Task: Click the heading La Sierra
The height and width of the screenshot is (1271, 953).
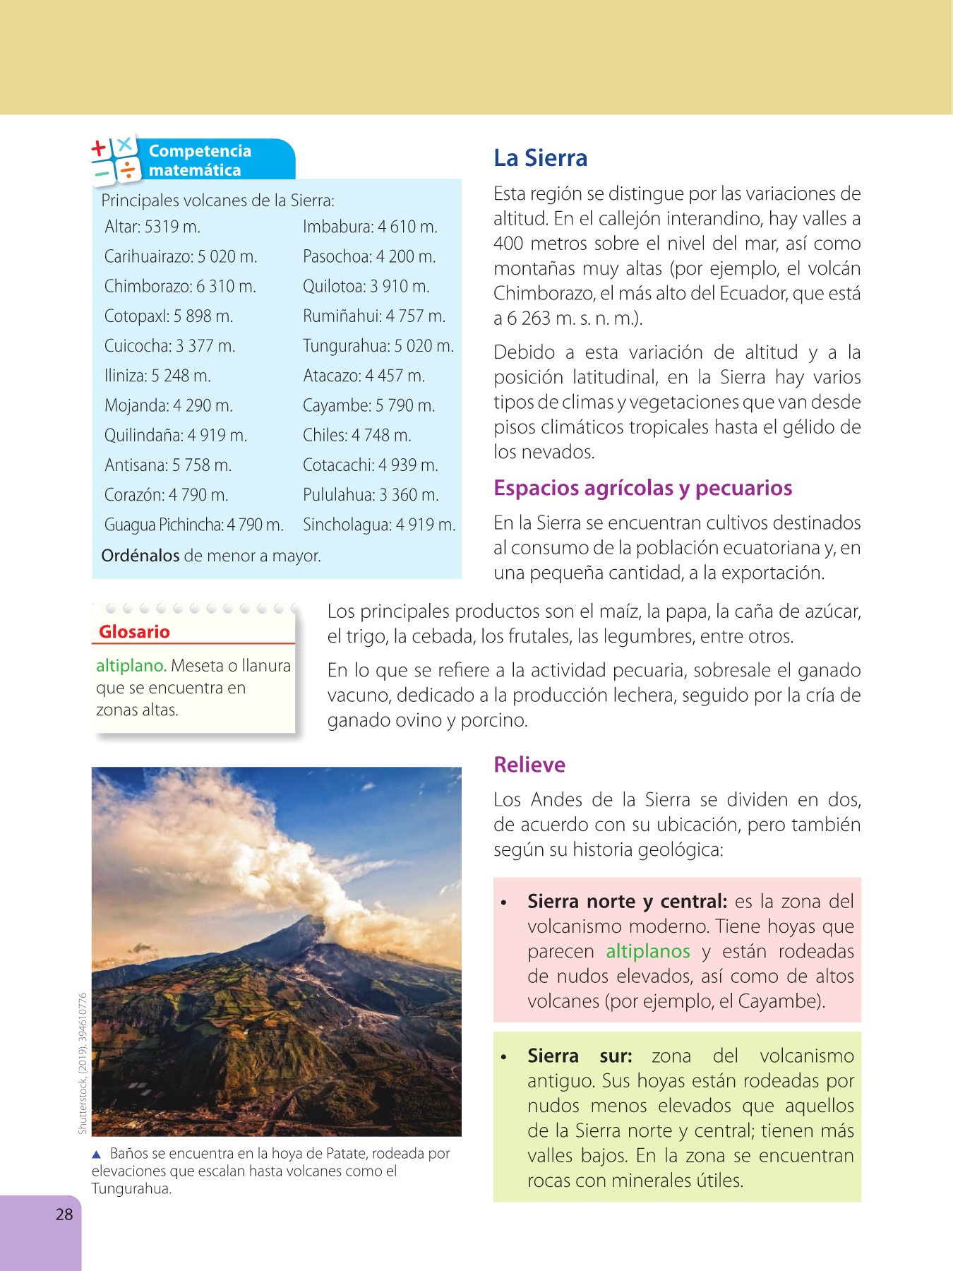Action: pyautogui.click(x=540, y=158)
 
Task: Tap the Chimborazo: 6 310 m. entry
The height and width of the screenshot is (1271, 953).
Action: pyautogui.click(x=180, y=287)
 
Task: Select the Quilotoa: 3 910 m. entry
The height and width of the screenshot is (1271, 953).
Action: pyautogui.click(x=366, y=287)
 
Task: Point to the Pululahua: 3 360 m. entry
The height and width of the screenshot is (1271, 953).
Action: pyautogui.click(x=371, y=495)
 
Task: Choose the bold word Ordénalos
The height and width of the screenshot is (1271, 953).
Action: pyautogui.click(x=140, y=556)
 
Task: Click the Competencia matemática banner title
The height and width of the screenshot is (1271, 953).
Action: pyautogui.click(x=200, y=160)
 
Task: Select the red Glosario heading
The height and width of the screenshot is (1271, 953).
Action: pyautogui.click(x=134, y=632)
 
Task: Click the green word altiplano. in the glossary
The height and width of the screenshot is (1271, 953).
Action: pyautogui.click(x=131, y=666)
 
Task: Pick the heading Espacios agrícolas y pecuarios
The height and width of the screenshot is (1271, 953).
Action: pyautogui.click(x=642, y=488)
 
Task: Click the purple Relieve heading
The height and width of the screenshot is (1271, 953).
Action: pyautogui.click(x=529, y=765)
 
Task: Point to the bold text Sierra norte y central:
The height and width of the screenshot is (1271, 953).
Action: pyautogui.click(x=627, y=902)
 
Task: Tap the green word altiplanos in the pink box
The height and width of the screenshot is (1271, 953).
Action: pyautogui.click(x=647, y=952)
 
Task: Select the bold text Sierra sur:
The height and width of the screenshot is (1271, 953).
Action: pyautogui.click(x=580, y=1056)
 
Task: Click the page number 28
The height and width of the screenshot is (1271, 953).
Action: pyautogui.click(x=64, y=1215)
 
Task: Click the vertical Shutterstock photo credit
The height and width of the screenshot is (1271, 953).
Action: pyautogui.click(x=83, y=1063)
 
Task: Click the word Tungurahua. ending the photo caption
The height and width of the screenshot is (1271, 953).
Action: pyautogui.click(x=131, y=1188)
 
